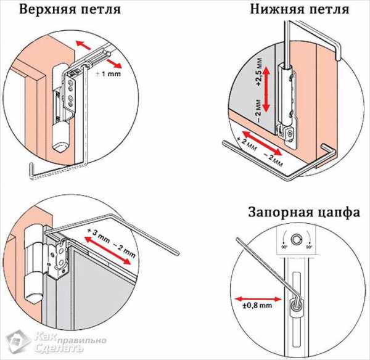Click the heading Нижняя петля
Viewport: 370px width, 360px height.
pyautogui.click(x=300, y=10)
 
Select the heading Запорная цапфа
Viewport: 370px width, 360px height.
pyautogui.click(x=304, y=213)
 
